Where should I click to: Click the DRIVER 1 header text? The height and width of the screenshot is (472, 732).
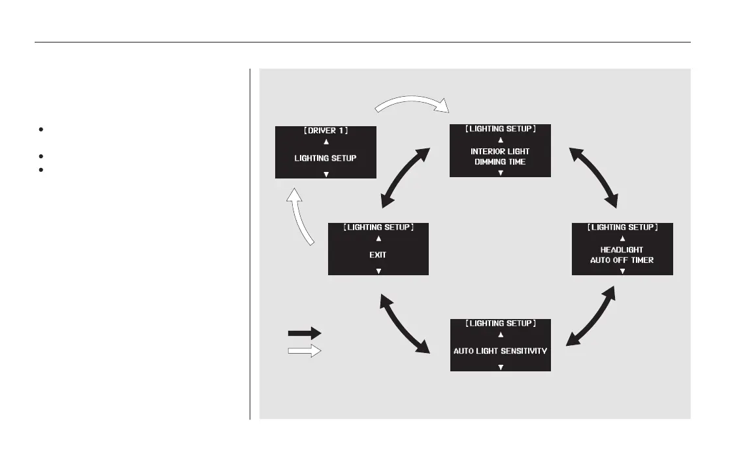tap(325, 131)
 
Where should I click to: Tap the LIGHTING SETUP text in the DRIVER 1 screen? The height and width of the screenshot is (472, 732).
tap(325, 158)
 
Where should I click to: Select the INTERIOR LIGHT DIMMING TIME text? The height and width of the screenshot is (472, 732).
tap(500, 156)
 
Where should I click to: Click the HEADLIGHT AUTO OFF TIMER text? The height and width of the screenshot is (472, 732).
tap(622, 254)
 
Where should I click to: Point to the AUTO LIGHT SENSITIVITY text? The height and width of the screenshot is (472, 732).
tap(501, 351)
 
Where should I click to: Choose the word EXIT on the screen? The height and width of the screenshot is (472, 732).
tap(378, 255)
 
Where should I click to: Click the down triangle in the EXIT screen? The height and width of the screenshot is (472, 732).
tap(378, 271)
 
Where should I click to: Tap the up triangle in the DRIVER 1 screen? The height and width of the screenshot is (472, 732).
tap(325, 142)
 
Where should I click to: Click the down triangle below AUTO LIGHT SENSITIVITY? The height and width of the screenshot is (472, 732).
tap(501, 367)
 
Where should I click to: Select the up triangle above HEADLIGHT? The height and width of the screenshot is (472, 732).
tap(622, 239)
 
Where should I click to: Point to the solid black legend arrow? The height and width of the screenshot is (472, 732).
tap(305, 333)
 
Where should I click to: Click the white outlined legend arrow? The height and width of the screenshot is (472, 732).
tap(305, 351)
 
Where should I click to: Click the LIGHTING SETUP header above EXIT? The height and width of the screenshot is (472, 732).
tap(378, 228)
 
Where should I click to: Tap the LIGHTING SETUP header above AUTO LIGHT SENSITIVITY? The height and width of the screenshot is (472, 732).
tap(501, 324)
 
